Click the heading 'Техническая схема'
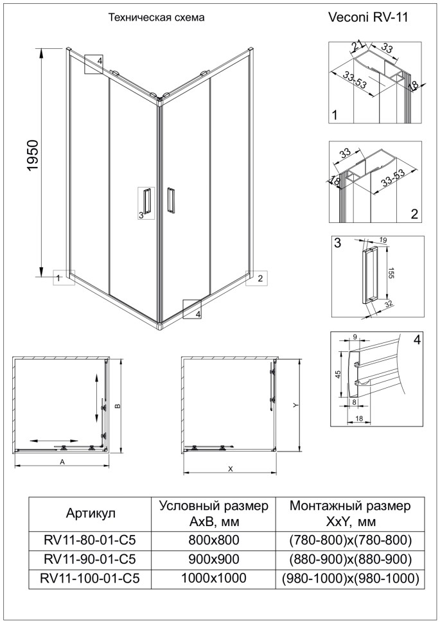[156, 18]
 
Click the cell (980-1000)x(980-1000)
[351, 578]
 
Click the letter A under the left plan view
[62, 462]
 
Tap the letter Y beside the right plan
[295, 405]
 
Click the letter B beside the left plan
[117, 406]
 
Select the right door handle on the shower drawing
[170, 199]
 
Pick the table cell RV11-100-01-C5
[90, 578]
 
